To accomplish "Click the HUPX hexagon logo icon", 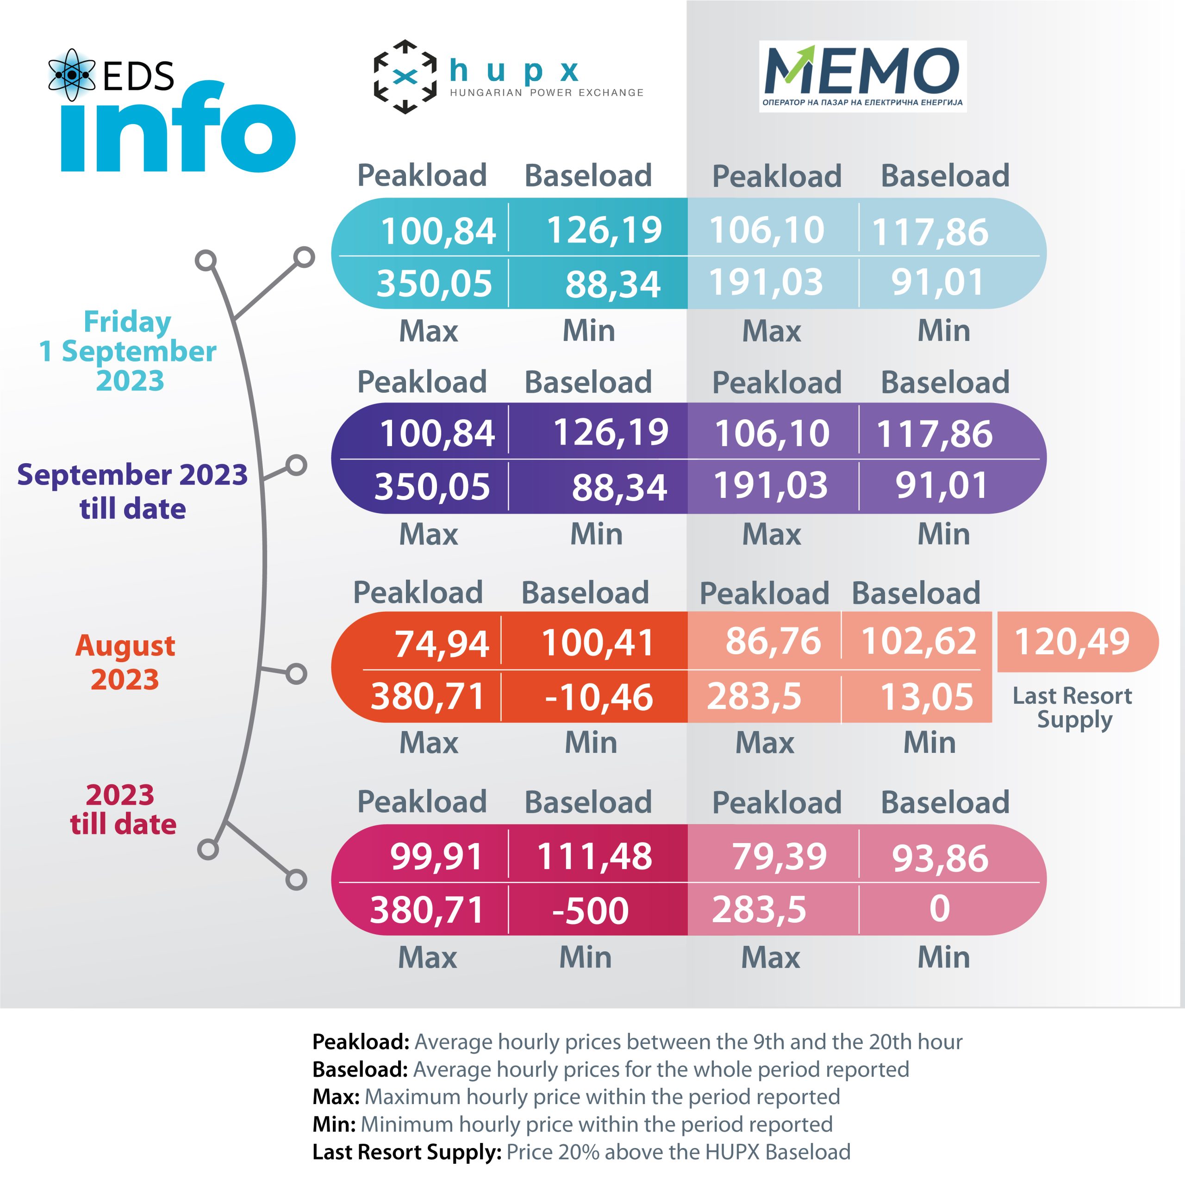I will pos(405,77).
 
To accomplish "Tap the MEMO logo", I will pos(862,76).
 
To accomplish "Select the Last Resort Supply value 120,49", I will pos(1072,642).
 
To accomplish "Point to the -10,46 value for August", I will pos(598,698).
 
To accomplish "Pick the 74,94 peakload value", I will pos(442,644).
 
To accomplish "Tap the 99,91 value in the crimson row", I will pos(437,856).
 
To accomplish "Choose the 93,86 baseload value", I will pos(940,858).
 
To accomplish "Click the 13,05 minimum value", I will pos(926,697).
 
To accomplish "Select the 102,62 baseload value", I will pos(918,641).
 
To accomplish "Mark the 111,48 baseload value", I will pos(594,856).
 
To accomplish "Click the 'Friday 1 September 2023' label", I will pos(128,351).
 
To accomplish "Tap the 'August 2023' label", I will pos(125,662).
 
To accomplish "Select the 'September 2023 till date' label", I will pos(132,491).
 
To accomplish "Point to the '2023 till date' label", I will pos(123,809).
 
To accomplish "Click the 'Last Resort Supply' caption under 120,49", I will pos(1072,707).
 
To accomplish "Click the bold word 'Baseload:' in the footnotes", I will pos(360,1070).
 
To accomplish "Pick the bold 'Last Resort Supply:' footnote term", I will pos(407,1152).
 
